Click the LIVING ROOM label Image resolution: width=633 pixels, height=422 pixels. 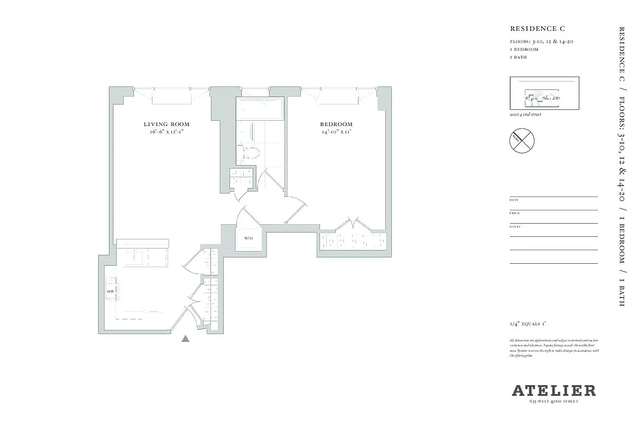pyautogui.click(x=166, y=124)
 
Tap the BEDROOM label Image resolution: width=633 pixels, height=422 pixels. pyautogui.click(x=336, y=124)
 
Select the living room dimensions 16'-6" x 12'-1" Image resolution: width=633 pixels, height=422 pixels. pyautogui.click(x=166, y=132)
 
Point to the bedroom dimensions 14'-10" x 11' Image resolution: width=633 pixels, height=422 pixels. pyautogui.click(x=336, y=132)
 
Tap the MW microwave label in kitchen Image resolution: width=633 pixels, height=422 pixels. pyautogui.click(x=111, y=291)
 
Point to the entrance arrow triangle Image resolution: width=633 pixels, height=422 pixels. pyautogui.click(x=185, y=339)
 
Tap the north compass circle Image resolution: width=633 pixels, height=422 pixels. pyautogui.click(x=522, y=140)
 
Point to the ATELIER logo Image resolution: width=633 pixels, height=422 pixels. pyautogui.click(x=554, y=391)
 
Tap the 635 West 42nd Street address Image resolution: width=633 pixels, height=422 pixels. pyautogui.click(x=554, y=402)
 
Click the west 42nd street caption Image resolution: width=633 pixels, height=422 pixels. pyautogui.click(x=525, y=114)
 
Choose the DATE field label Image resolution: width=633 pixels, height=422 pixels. pyautogui.click(x=514, y=200)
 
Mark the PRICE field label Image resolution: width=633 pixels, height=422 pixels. pyautogui.click(x=514, y=213)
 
